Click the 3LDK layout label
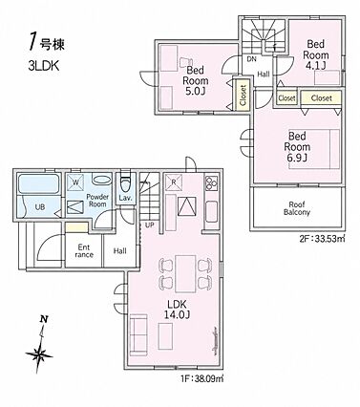tap(44, 66)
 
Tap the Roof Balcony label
tap(297, 208)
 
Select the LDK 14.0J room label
tap(177, 310)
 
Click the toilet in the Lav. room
tap(124, 183)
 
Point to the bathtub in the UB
tap(38, 183)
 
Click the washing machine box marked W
tap(75, 182)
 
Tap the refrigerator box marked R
tap(174, 182)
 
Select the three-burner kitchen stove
tap(211, 182)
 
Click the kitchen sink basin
tap(211, 211)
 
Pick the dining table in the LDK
tap(185, 273)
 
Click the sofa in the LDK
tap(138, 334)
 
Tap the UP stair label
tap(150, 225)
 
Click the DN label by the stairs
tap(251, 59)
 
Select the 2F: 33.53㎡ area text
tap(322, 239)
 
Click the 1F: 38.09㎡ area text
tap(202, 378)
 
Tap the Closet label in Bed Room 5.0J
tap(243, 95)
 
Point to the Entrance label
tap(84, 250)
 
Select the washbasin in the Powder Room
tap(101, 180)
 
